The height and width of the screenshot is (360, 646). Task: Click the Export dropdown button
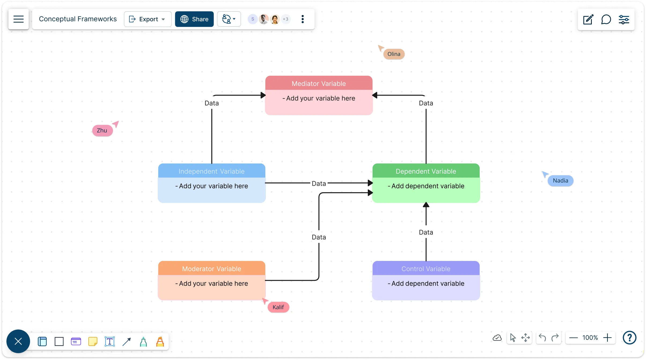(148, 19)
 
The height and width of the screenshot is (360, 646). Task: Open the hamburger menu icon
(19, 19)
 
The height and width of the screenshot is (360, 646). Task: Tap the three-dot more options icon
(303, 19)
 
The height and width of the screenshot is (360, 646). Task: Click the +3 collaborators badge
(286, 19)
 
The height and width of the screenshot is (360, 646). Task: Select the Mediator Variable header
(319, 83)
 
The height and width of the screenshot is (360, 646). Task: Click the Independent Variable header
(211, 171)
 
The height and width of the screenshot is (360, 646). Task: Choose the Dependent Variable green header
(426, 171)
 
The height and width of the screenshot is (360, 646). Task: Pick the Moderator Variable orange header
(211, 269)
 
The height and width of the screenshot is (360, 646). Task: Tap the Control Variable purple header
(426, 269)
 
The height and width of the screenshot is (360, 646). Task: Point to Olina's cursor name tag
(394, 54)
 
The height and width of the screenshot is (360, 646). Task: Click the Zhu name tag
(102, 130)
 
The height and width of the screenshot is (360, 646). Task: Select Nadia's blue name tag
(560, 181)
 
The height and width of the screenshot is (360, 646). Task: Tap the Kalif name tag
(278, 307)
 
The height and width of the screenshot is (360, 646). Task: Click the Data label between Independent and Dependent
(319, 184)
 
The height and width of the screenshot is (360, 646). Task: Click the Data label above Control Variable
(426, 232)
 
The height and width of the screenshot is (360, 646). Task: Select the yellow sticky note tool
(93, 342)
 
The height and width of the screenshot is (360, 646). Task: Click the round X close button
(18, 341)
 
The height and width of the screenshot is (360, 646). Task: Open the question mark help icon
(629, 337)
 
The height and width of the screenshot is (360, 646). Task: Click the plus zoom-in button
(607, 337)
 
